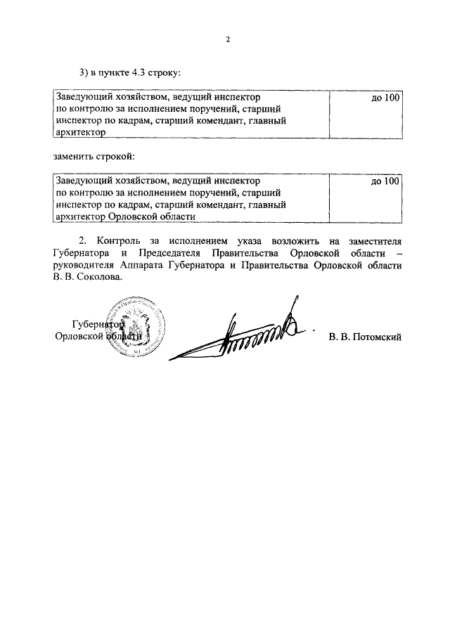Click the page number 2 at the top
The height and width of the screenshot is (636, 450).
pos(228,39)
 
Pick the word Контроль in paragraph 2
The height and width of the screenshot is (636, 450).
pos(122,241)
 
